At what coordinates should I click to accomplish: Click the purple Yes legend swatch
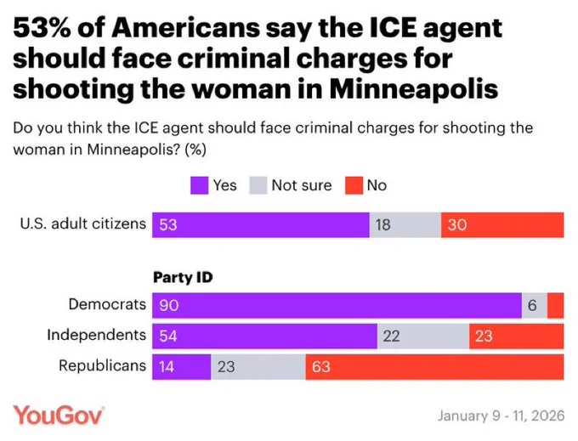tap(201, 185)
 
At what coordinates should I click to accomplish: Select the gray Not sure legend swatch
tap(259, 185)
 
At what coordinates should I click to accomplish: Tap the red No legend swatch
tap(354, 185)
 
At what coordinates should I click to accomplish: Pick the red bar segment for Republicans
tap(433, 367)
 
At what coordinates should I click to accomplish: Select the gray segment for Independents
tap(422, 336)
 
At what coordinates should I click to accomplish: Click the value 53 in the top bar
tap(168, 225)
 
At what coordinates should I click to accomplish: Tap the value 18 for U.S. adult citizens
tap(383, 225)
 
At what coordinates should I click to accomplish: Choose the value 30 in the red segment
tap(458, 225)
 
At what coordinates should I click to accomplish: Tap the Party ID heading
tap(183, 278)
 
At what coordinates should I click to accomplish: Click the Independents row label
tap(96, 335)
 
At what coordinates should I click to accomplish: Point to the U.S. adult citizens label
tap(82, 224)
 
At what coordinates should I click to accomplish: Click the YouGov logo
tap(59, 416)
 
